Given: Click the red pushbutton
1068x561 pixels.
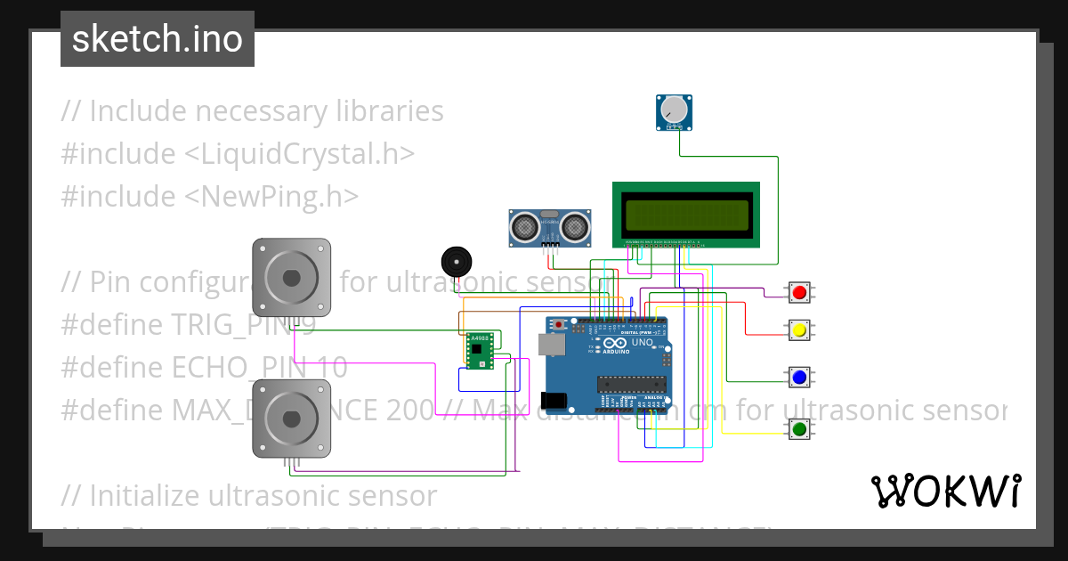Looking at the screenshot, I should [799, 292].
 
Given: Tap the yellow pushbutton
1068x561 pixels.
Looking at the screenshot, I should [799, 330].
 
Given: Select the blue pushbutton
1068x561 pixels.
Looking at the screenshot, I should [799, 377].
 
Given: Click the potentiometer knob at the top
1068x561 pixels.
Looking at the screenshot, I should [676, 110].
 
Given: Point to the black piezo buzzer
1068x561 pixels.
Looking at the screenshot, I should [457, 263].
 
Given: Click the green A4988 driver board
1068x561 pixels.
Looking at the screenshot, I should [480, 351].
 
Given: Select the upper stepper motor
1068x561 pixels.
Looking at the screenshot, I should [291, 277].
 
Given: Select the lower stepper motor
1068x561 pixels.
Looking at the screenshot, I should [291, 419].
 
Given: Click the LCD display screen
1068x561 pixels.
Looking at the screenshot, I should [686, 215].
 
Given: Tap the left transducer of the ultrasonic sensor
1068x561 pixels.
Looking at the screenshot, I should [525, 228].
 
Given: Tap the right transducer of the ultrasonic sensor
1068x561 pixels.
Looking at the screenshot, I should [576, 228].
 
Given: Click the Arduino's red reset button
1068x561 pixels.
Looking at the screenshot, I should [559, 324].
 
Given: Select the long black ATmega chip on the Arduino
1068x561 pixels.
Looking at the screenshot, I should [631, 384].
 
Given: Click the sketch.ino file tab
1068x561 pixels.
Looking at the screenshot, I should [158, 39].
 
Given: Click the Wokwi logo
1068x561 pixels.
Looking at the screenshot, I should [946, 491].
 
